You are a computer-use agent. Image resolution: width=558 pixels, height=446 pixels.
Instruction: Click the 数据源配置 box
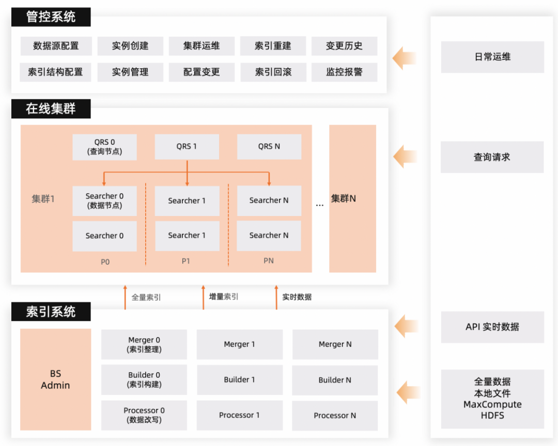56,46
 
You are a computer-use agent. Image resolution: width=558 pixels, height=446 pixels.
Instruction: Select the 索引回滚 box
273,72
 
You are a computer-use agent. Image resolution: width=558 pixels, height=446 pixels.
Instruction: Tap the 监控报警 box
344,72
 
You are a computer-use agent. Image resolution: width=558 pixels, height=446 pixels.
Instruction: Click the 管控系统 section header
51,17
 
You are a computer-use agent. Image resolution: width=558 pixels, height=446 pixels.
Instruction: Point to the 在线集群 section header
51,109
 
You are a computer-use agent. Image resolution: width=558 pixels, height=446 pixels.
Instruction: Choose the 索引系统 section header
51,312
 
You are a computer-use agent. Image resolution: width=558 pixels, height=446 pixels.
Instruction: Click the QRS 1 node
187,147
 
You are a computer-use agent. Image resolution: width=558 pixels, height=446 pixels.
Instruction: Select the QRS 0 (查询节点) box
105,147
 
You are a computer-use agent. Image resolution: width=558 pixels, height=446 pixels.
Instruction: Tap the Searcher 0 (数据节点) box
105,201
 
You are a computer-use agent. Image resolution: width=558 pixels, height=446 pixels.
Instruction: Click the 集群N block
352,198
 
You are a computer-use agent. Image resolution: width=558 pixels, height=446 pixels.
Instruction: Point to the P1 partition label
186,261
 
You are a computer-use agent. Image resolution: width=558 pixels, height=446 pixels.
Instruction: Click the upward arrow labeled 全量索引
125,297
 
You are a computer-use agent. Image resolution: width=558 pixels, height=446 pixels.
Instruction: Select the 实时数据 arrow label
297,297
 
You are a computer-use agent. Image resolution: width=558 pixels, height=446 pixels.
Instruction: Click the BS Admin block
55,379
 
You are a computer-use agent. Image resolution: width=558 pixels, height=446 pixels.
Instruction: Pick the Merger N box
335,344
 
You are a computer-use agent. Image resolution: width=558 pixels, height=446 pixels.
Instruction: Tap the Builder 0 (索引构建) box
144,380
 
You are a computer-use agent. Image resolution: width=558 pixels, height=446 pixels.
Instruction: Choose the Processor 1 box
239,415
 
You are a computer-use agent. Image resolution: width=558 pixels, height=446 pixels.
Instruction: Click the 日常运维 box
492,57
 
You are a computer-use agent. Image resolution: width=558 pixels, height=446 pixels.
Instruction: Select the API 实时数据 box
492,327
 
